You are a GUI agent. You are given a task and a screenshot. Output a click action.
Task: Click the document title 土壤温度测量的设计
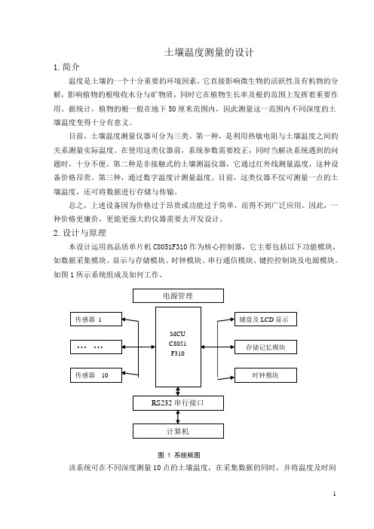pos(209,52)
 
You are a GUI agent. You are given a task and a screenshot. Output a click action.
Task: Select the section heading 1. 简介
pos(66,67)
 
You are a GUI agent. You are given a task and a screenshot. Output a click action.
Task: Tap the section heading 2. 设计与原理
pos(80,233)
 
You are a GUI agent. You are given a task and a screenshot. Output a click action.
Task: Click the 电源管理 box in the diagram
pos(178,296)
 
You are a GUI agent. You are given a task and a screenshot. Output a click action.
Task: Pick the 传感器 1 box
pos(96,320)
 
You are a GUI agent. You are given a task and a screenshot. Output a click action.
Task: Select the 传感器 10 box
pos(96,375)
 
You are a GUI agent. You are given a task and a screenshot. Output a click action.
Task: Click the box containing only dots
pos(96,347)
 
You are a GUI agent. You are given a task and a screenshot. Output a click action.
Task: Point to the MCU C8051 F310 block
pos(178,347)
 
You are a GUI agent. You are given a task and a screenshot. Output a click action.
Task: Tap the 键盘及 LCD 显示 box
pos(265,320)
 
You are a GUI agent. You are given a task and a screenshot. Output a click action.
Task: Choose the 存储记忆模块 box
pos(265,347)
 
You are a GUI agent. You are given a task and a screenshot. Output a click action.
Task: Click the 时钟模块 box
pos(265,375)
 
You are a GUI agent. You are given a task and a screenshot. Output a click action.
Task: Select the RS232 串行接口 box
pos(178,403)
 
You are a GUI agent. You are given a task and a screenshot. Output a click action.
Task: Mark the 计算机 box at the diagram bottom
pos(178,431)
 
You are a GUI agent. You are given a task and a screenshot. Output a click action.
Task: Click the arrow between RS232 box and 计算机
pos(178,417)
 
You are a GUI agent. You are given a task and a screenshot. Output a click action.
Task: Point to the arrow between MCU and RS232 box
pos(178,391)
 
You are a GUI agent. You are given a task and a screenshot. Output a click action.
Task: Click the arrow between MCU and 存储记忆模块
pos(218,347)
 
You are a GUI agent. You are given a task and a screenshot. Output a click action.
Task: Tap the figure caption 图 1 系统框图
pos(179,455)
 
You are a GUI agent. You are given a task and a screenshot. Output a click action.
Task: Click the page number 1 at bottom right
pos(335,494)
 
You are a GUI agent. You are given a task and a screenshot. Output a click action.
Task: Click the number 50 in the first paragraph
pos(172,109)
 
